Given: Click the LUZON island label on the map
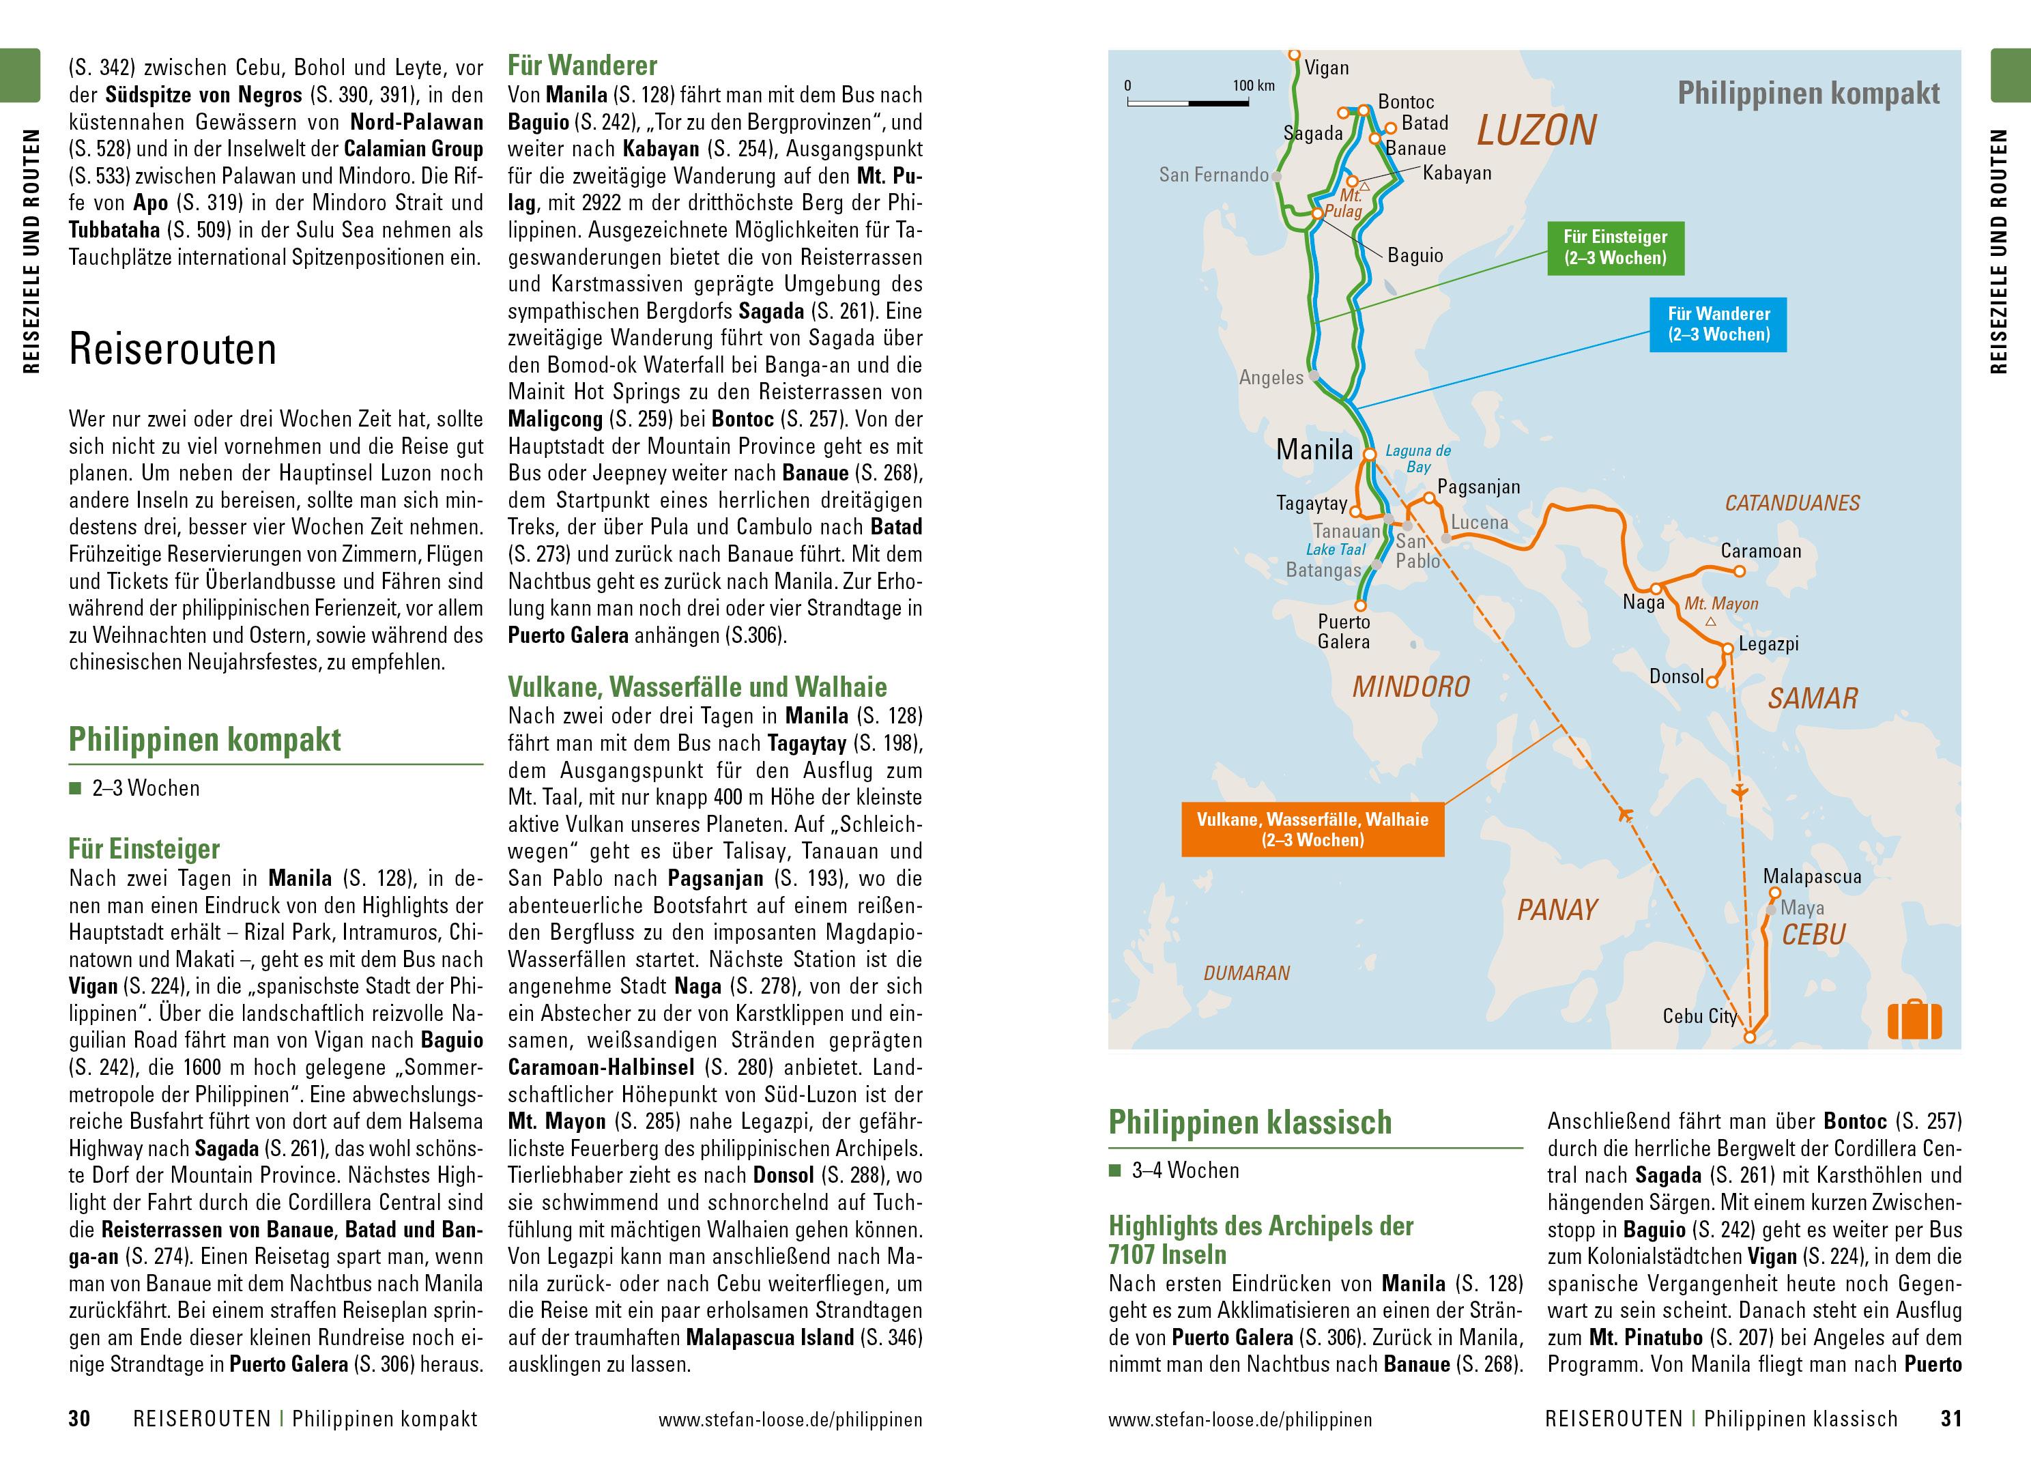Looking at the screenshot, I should click(x=1536, y=131).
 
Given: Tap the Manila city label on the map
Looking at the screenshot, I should click(x=1314, y=449).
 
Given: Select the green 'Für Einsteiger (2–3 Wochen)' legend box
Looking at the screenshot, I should click(x=1615, y=248).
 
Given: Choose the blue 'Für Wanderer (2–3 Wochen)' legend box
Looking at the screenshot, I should click(x=1718, y=324).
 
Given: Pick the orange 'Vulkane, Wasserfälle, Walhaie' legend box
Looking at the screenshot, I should click(x=1312, y=829).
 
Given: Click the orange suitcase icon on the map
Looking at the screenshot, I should click(x=1914, y=1020).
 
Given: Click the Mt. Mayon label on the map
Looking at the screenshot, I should click(x=1720, y=604).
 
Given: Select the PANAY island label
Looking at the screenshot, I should click(x=1557, y=910).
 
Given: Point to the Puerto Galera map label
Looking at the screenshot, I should click(x=1344, y=631).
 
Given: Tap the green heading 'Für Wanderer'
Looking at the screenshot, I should click(x=582, y=66).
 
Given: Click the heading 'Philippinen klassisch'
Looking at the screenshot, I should click(x=1250, y=1122).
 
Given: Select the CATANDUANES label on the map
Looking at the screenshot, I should click(x=1792, y=504).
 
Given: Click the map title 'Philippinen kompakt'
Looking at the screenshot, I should click(x=1809, y=93).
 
